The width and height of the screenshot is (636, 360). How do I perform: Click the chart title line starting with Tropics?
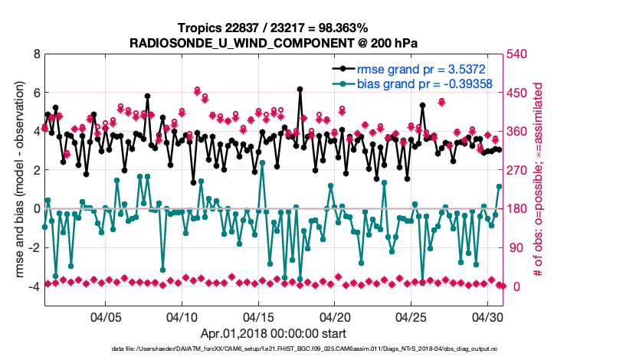274,28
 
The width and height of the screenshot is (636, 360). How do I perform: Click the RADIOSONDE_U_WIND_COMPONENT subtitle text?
274,42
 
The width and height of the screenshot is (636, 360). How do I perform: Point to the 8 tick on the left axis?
36,54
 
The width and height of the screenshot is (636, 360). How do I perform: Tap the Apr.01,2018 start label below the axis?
274,334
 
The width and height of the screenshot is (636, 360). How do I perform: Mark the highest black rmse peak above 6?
300,89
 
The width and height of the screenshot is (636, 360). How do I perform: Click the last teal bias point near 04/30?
499,186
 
